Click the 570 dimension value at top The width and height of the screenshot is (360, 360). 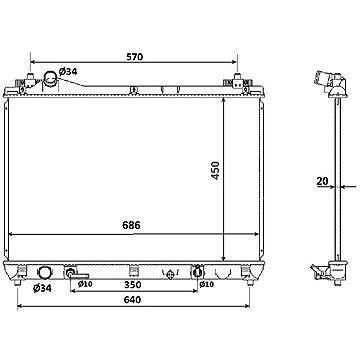click(x=135, y=57)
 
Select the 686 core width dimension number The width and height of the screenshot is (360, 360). click(x=132, y=225)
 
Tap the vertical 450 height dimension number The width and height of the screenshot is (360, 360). click(x=216, y=171)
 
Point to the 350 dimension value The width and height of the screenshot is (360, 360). click(x=133, y=285)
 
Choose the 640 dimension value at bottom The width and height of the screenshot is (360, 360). click(x=132, y=300)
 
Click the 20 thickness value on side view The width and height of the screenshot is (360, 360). click(x=322, y=181)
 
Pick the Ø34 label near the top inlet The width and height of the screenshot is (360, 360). click(x=68, y=71)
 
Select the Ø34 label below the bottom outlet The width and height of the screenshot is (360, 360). click(x=42, y=288)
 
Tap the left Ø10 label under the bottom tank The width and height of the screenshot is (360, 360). click(x=85, y=284)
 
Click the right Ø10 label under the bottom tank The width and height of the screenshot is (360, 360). click(x=206, y=284)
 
